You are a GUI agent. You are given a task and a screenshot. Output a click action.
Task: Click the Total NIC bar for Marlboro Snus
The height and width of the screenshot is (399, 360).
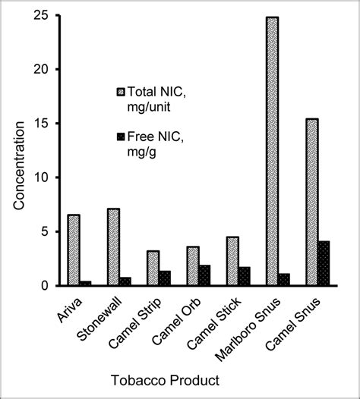coord(272,151)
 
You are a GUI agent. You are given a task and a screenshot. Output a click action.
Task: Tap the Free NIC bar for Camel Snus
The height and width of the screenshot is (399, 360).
coord(324,263)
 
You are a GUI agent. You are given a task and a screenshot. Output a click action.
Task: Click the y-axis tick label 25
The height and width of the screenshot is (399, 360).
coord(45,15)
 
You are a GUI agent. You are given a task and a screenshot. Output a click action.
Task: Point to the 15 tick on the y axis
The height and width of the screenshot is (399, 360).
coord(45,123)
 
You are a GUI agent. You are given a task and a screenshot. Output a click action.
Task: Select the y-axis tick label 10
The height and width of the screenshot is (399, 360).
coord(45,177)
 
